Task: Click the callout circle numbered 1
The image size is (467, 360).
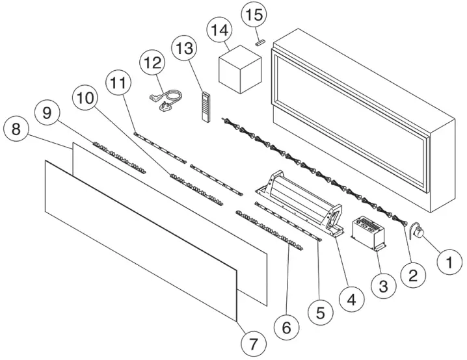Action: coord(447,263)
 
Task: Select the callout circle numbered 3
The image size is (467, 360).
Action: coord(382,284)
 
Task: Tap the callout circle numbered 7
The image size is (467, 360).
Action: coord(253,341)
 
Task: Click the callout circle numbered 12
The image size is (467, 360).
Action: coord(153,63)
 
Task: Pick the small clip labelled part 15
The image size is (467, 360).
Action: coord(259,42)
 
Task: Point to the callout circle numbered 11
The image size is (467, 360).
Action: coord(118,84)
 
